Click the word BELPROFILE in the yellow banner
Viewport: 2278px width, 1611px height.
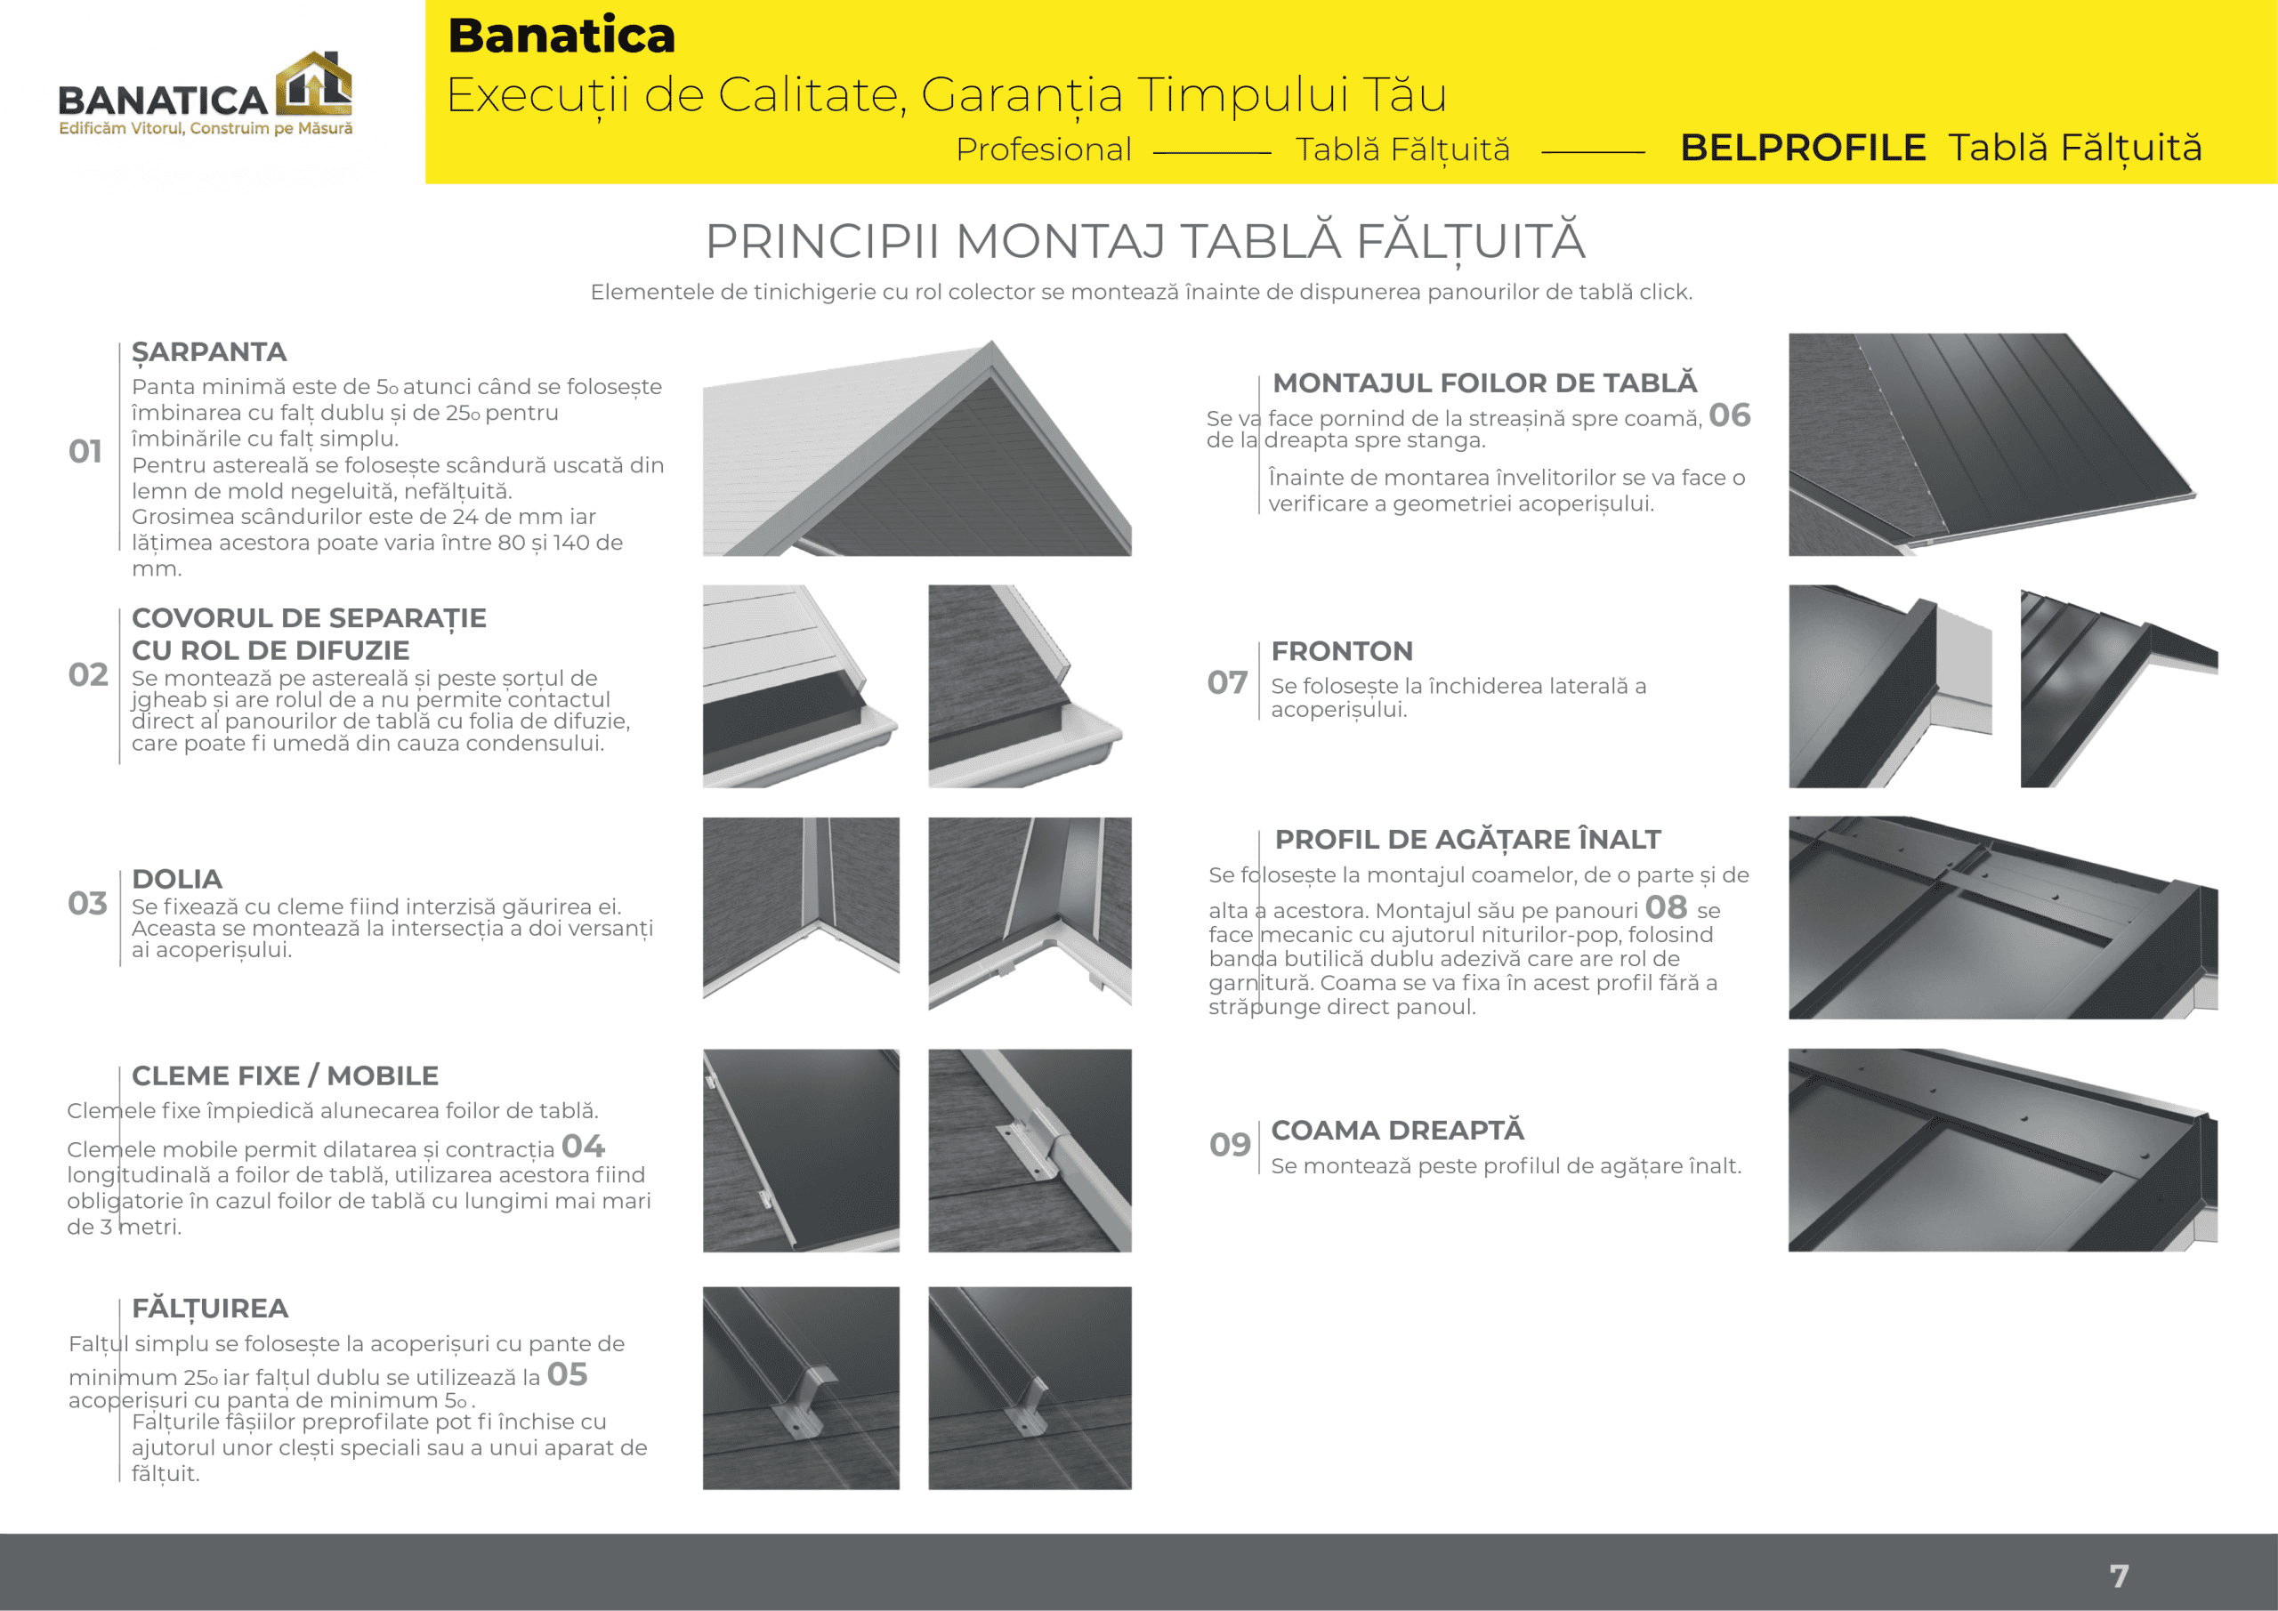point(1802,148)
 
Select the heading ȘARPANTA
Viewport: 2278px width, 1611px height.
point(208,352)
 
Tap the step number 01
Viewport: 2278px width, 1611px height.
point(85,451)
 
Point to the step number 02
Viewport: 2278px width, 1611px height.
point(87,674)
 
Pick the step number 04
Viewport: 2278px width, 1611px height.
point(582,1147)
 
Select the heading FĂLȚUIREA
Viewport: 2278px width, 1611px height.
point(209,1309)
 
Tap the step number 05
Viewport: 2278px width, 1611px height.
point(567,1375)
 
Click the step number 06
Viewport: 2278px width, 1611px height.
point(1729,415)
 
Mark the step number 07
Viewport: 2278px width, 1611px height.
point(1226,682)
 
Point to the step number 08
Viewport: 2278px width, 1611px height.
point(1665,906)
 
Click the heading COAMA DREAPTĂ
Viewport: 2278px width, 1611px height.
point(1397,1131)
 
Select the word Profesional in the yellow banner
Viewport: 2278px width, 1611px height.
point(1043,149)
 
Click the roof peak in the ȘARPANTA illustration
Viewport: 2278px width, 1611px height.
point(990,346)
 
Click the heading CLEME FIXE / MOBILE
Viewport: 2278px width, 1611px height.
point(285,1076)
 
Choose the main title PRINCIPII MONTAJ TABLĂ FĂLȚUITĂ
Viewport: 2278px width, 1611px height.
point(1145,241)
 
